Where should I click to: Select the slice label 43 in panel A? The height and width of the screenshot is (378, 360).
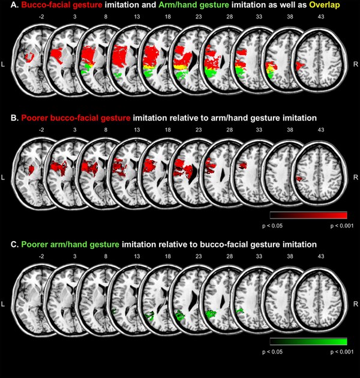pyautogui.click(x=320, y=17)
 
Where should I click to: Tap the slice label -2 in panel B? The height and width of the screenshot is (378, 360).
pyautogui.click(x=41, y=130)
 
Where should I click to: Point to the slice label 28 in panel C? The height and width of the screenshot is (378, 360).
pyautogui.click(x=230, y=256)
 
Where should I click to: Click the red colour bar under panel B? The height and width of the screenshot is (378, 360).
pyautogui.click(x=308, y=215)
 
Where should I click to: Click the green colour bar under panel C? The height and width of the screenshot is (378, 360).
pyautogui.click(x=308, y=341)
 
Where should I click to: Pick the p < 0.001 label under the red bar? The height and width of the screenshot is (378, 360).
pyautogui.click(x=341, y=226)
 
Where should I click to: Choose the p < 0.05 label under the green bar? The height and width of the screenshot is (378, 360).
pyautogui.click(x=272, y=352)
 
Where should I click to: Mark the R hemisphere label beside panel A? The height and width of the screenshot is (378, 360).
pyautogui.click(x=356, y=64)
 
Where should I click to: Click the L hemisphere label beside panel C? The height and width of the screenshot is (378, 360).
pyautogui.click(x=3, y=304)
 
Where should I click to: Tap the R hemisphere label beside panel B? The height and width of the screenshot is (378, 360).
pyautogui.click(x=356, y=178)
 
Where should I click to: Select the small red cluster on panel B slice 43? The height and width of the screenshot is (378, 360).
pyautogui.click(x=299, y=179)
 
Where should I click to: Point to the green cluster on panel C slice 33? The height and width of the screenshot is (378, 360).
pyautogui.click(x=240, y=311)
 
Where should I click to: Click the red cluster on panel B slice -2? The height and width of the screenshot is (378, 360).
pyautogui.click(x=31, y=170)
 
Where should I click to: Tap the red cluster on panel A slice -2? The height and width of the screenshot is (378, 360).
pyautogui.click(x=29, y=57)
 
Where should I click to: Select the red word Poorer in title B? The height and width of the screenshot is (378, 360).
pyautogui.click(x=35, y=118)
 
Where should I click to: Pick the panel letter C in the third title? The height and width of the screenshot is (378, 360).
pyautogui.click(x=14, y=244)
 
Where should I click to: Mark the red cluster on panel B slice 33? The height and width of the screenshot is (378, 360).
pyautogui.click(x=243, y=166)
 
